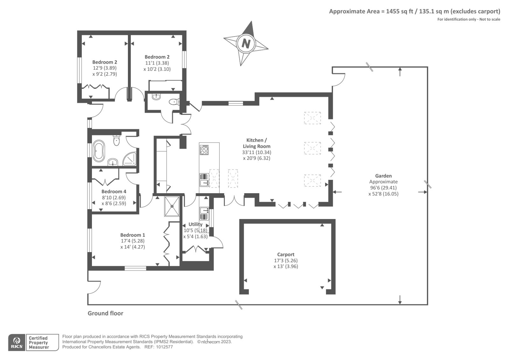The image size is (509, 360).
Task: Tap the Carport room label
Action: point(286,254)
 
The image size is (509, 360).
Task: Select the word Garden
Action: point(383,176)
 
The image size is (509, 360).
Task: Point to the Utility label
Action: point(195,224)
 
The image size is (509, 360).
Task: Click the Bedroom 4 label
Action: point(114,192)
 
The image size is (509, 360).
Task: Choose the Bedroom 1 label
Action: point(132,235)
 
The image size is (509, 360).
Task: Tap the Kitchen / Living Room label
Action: point(257,143)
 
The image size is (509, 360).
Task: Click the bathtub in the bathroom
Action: point(99,150)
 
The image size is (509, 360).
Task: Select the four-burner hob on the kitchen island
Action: point(204,150)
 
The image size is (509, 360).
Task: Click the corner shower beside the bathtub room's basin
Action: point(130,159)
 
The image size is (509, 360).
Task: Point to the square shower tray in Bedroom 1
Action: point(172,206)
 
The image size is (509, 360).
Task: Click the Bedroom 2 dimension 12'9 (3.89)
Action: point(105,68)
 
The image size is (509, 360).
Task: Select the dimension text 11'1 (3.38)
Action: point(157,63)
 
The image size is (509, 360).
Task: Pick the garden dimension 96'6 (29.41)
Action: point(383,188)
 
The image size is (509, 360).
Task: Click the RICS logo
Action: point(17,342)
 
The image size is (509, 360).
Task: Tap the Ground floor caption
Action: point(105,314)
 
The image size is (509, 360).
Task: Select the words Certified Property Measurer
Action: point(38,343)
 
